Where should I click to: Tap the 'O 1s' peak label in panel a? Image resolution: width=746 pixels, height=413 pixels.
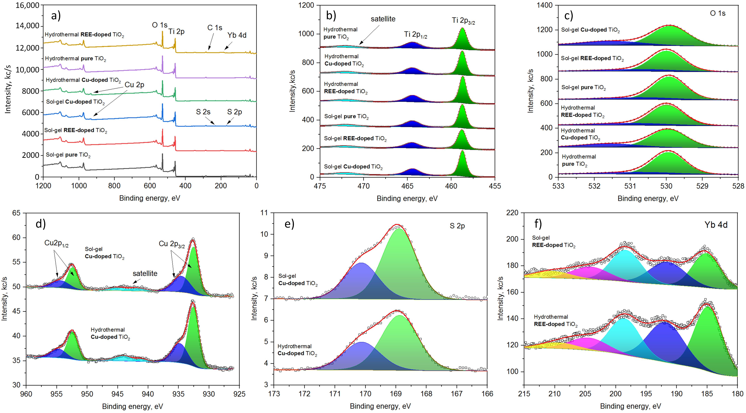click(x=160, y=25)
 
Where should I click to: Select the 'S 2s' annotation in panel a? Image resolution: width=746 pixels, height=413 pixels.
click(x=203, y=112)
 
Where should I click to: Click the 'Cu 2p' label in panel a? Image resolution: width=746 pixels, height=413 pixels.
click(x=134, y=85)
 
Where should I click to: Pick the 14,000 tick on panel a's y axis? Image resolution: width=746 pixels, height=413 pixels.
click(x=28, y=26)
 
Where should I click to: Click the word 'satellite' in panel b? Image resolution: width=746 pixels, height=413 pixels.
click(x=383, y=19)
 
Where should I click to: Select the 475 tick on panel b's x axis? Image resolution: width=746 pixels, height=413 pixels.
click(x=320, y=186)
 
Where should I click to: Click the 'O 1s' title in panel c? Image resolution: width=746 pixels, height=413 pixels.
click(x=718, y=13)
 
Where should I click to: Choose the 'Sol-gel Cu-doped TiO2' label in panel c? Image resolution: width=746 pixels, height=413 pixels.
click(x=590, y=30)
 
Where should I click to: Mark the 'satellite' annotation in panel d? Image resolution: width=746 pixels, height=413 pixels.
click(x=145, y=273)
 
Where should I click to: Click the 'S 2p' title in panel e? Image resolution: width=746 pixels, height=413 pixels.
click(x=457, y=226)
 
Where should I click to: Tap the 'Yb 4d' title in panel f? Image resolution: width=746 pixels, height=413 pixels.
click(x=716, y=225)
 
